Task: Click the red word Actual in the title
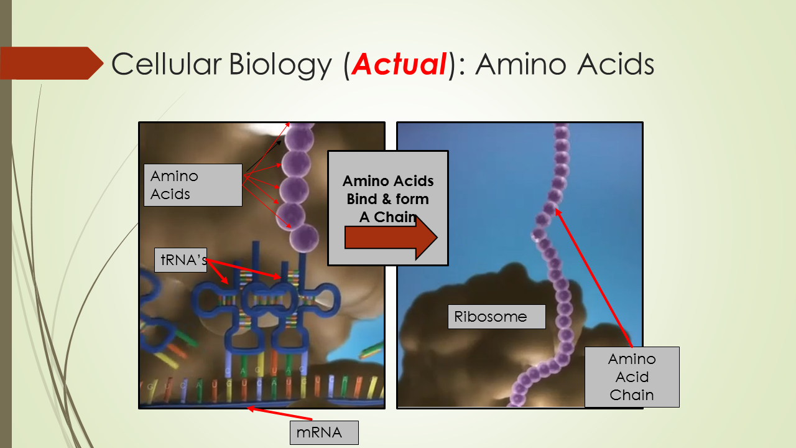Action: (x=399, y=64)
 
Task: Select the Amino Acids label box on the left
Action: (x=193, y=185)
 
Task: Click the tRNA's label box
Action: (x=180, y=260)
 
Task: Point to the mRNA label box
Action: (x=324, y=432)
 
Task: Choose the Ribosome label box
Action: (x=496, y=317)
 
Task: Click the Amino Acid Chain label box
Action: (x=632, y=377)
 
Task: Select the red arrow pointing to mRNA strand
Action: (x=280, y=413)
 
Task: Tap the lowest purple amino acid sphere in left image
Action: (x=304, y=239)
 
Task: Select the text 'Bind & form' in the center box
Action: (x=388, y=199)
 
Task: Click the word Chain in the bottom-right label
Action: (x=632, y=395)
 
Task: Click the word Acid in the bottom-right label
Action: (x=632, y=377)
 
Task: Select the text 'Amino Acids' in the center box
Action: (x=388, y=182)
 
